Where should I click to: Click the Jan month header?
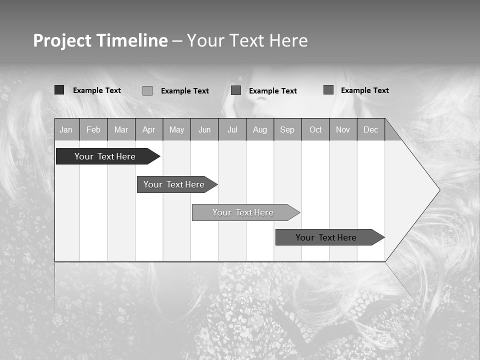pos(66,129)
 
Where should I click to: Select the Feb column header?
pos(93,129)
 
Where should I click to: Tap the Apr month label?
pos(148,129)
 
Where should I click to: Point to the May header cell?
pos(176,129)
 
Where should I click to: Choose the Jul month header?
pos(232,129)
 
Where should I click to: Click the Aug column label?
pos(259,129)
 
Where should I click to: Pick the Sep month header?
pos(287,129)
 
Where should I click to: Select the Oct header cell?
pos(315,129)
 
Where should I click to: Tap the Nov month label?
pos(343,129)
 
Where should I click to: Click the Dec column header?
pos(370,129)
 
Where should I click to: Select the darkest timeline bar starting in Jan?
pos(105,156)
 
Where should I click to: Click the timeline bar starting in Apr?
pos(174,184)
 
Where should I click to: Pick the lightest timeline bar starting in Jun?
pos(243,212)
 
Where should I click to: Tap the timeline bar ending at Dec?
pos(326,237)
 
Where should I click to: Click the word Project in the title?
pos(62,40)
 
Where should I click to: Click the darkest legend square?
pos(59,90)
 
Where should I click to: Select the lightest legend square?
pos(147,90)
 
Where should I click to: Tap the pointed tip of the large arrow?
pos(439,190)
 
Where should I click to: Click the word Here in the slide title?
pos(288,40)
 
